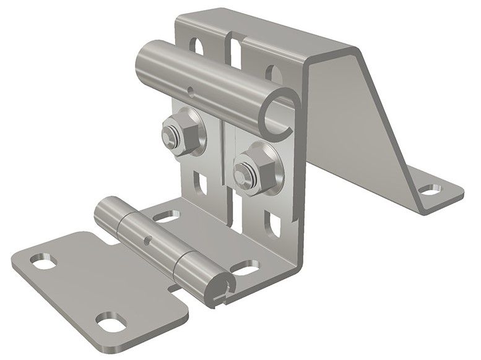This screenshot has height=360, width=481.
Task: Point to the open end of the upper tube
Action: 276,115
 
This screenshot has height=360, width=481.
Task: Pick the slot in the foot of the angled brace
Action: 428,188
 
